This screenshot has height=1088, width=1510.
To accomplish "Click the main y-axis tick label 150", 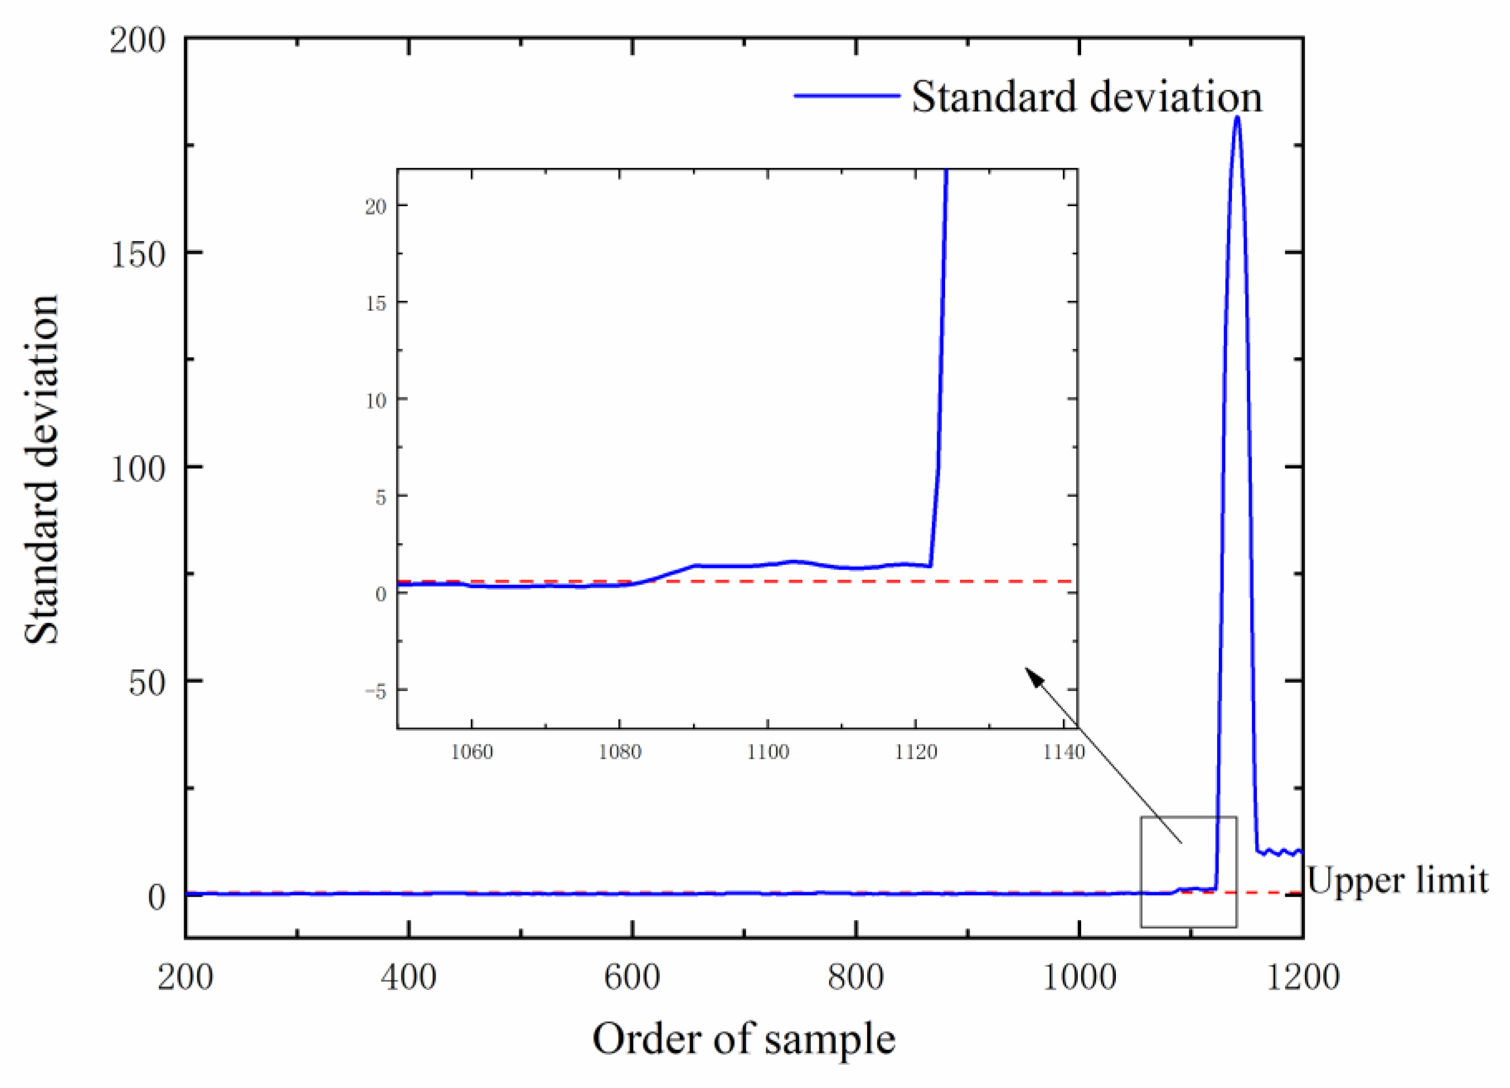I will [x=138, y=254].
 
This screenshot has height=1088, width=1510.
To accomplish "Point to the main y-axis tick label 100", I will [x=138, y=469].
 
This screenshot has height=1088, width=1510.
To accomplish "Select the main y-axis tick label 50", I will [x=146, y=683].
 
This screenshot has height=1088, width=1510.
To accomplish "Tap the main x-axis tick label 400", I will [x=408, y=977].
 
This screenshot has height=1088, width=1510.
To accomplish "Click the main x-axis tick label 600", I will [x=632, y=977].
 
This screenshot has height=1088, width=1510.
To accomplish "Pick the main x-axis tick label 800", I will [x=856, y=977].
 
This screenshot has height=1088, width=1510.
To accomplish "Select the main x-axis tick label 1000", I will [x=1078, y=977].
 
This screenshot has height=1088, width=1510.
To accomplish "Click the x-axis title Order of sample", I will [x=744, y=1039].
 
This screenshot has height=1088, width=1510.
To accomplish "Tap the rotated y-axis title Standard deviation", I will [x=41, y=469].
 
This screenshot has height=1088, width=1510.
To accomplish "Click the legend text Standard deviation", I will [x=1086, y=97].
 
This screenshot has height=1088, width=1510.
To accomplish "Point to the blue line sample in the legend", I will [x=847, y=96].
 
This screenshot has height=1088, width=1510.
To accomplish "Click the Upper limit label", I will [x=1397, y=880].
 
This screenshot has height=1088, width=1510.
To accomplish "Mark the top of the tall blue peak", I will [x=1237, y=118].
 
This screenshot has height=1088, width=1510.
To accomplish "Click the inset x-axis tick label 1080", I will [x=620, y=752].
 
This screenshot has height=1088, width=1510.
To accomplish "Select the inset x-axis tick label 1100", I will [x=768, y=752].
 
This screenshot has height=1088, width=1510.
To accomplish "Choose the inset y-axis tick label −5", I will [x=375, y=692].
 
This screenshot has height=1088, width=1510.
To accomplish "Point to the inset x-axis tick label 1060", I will [x=472, y=752].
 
